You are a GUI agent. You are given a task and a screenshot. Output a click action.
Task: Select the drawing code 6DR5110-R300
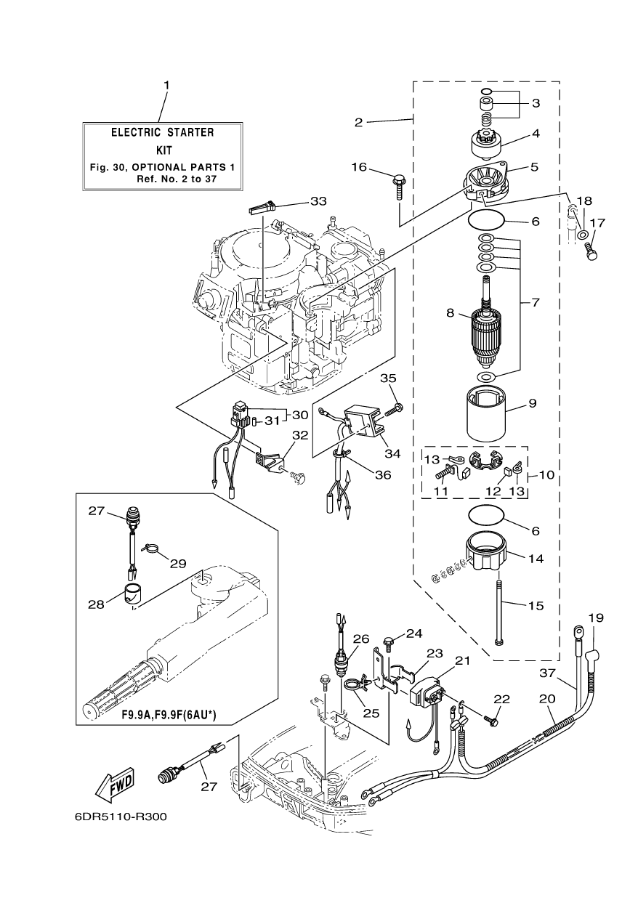click(121, 817)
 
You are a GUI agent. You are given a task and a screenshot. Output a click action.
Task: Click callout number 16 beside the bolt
click(360, 167)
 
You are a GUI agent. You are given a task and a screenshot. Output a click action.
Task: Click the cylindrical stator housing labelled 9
click(486, 416)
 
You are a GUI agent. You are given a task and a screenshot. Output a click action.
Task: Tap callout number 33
click(318, 201)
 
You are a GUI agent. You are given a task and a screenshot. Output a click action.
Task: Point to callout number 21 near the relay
click(462, 660)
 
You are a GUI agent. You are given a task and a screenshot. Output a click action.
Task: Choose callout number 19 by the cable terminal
click(596, 618)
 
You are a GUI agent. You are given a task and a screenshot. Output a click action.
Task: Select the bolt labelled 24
click(388, 643)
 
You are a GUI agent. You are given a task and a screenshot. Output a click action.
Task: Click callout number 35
click(389, 378)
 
